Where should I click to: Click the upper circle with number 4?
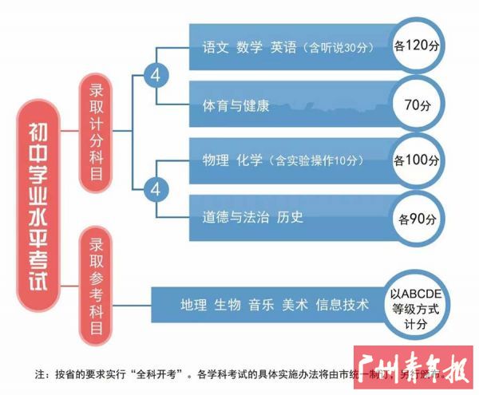pyautogui.click(x=156, y=77)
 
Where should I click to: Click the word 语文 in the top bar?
pyautogui.click(x=215, y=46)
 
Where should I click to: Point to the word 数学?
pyautogui.click(x=249, y=46)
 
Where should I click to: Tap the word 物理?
pyautogui.click(x=216, y=159)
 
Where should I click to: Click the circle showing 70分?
pyautogui.click(x=418, y=105)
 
